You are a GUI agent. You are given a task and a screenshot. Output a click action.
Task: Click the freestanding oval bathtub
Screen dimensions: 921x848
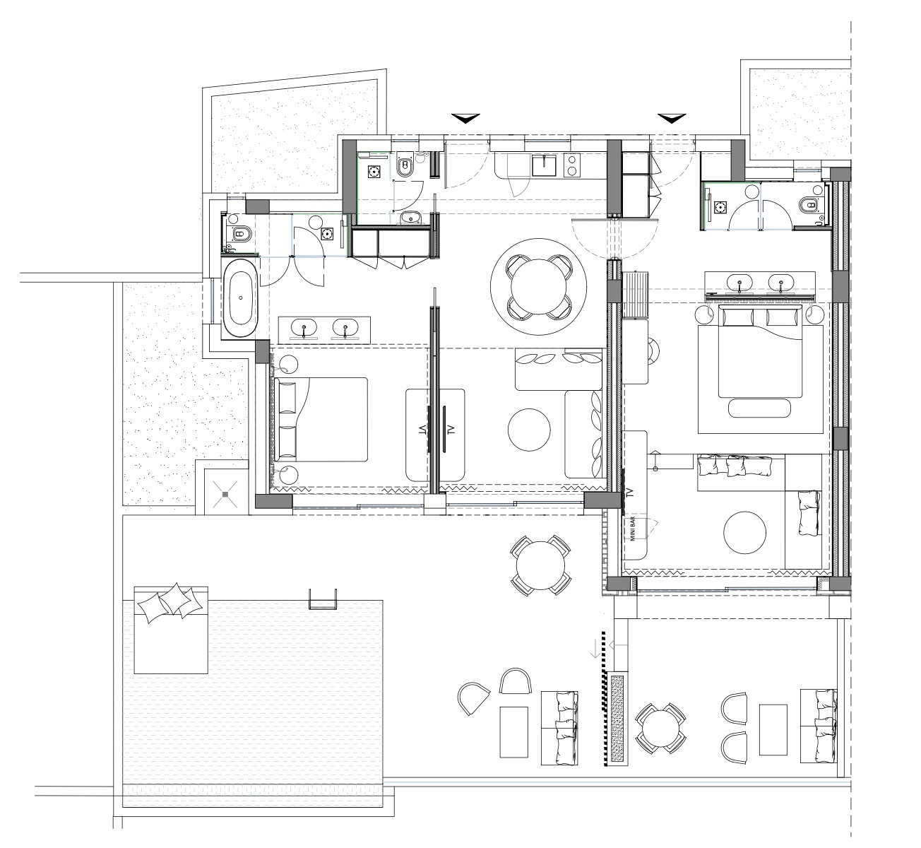(241, 298)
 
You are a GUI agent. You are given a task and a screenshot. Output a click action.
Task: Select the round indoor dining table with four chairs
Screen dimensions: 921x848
(539, 287)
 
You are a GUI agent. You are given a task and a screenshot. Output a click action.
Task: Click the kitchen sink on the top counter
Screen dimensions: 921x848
(544, 165)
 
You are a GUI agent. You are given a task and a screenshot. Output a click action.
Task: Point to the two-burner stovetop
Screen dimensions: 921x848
(572, 165)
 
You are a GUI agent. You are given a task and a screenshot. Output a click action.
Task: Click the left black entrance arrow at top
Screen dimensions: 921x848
(465, 118)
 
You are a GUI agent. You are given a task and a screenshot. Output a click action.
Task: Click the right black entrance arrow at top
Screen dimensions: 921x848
(672, 118)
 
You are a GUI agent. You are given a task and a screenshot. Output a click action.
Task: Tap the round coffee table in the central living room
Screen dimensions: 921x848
(529, 430)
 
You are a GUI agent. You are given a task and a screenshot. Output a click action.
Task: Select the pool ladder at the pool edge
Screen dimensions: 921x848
(323, 599)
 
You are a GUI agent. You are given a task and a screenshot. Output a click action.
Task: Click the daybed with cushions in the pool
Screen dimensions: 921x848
(171, 630)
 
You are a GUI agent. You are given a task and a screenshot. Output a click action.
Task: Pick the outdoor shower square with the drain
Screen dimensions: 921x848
(225, 494)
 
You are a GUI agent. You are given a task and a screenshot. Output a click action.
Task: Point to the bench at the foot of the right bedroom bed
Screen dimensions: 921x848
(759, 408)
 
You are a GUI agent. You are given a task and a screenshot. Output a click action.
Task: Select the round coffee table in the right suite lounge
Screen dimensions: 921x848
(744, 533)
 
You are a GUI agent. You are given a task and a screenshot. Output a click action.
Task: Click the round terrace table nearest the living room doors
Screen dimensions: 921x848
(541, 565)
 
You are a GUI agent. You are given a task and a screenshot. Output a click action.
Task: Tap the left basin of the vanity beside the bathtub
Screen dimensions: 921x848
(304, 328)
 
